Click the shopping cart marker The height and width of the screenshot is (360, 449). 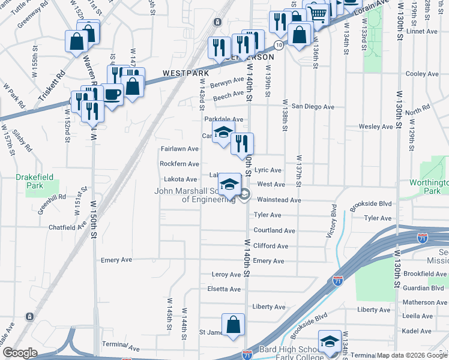[x=318, y=13]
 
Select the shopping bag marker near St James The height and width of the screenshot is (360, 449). [x=233, y=325]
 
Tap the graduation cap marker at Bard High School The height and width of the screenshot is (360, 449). [x=329, y=342]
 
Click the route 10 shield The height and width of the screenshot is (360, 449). [x=279, y=45]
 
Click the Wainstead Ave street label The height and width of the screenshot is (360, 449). [x=279, y=200]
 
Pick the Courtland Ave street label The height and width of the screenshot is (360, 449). [x=274, y=230]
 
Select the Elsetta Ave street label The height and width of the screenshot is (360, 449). [x=223, y=289]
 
